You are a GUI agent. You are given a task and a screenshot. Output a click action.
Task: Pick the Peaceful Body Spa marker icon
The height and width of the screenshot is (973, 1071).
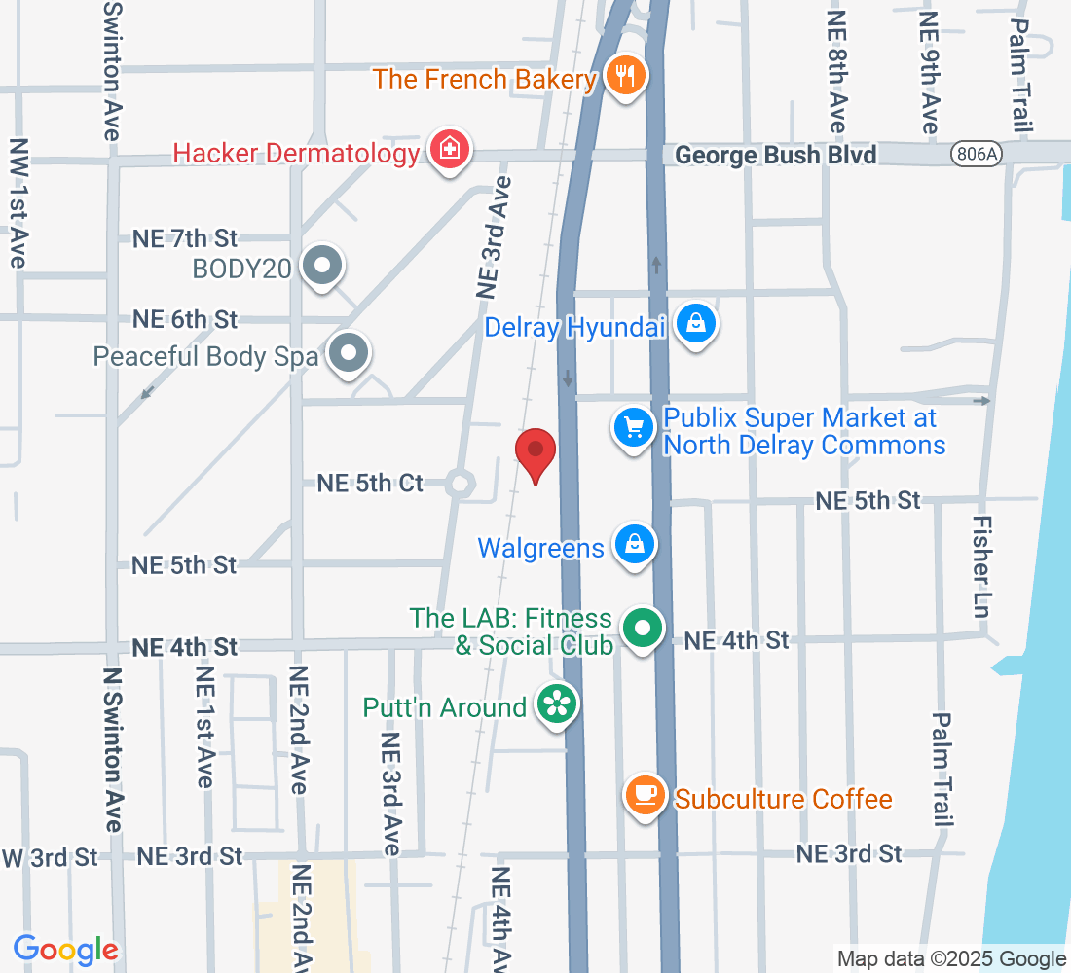[x=348, y=354]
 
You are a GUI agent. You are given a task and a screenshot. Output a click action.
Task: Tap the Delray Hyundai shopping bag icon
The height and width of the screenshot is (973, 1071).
[x=696, y=324]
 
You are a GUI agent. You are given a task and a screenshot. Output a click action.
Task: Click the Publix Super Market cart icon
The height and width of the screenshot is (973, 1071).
[x=634, y=427]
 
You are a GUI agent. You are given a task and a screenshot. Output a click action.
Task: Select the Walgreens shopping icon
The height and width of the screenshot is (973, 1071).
[x=634, y=545]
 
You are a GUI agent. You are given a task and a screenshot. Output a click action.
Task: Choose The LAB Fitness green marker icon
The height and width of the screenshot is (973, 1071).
[x=642, y=629]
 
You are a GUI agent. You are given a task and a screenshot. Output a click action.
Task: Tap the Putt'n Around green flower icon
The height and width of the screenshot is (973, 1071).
[x=557, y=704]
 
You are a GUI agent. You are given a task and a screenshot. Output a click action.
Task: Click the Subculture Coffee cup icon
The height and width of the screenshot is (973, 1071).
[x=644, y=795]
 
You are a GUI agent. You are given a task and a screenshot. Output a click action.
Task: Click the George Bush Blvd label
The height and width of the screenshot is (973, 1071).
[x=775, y=155]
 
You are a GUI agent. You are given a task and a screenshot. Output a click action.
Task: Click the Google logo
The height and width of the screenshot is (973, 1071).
[x=65, y=950]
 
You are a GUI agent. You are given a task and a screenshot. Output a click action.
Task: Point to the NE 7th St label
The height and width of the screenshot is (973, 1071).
[x=185, y=237]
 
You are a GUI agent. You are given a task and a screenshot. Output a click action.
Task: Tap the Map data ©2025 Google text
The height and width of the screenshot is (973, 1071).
[x=951, y=959]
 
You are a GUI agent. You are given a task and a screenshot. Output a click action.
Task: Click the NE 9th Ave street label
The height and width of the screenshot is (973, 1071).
[x=929, y=73]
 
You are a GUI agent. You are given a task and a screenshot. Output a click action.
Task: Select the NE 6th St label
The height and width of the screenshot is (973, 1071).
[x=185, y=319]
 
